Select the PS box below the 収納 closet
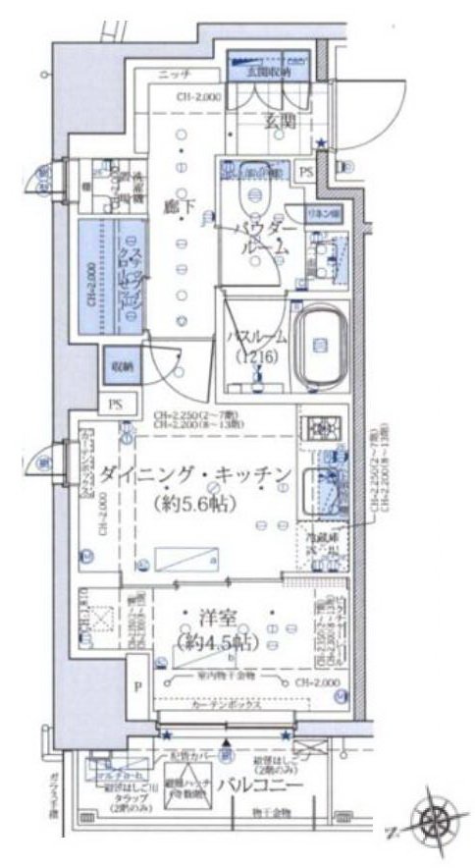[x=117, y=404]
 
